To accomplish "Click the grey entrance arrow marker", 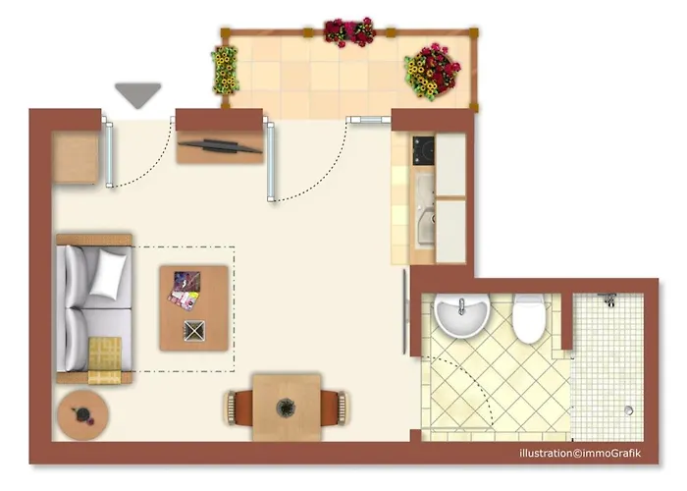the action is pyautogui.click(x=138, y=94).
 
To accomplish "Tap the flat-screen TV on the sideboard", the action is pyautogui.click(x=221, y=146).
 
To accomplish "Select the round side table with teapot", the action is pyautogui.click(x=82, y=414).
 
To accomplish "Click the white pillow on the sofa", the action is pyautogui.click(x=108, y=274).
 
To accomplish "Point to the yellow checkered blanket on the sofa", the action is pyautogui.click(x=105, y=360).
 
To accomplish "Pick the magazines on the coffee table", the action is pyautogui.click(x=185, y=291).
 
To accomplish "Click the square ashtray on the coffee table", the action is pyautogui.click(x=194, y=331).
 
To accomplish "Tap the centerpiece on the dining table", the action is pyautogui.click(x=286, y=409).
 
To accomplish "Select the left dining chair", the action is pyautogui.click(x=239, y=408).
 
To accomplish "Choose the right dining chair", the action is pyautogui.click(x=334, y=409).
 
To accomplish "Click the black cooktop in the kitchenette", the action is pyautogui.click(x=423, y=150).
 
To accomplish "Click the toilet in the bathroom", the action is pyautogui.click(x=529, y=319).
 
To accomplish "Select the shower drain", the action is pyautogui.click(x=629, y=410).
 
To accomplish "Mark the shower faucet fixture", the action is pyautogui.click(x=608, y=299).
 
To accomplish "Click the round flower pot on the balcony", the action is pyautogui.click(x=433, y=71).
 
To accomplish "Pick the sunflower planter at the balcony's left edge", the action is pyautogui.click(x=225, y=70).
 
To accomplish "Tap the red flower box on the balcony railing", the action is pyautogui.click(x=349, y=32).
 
